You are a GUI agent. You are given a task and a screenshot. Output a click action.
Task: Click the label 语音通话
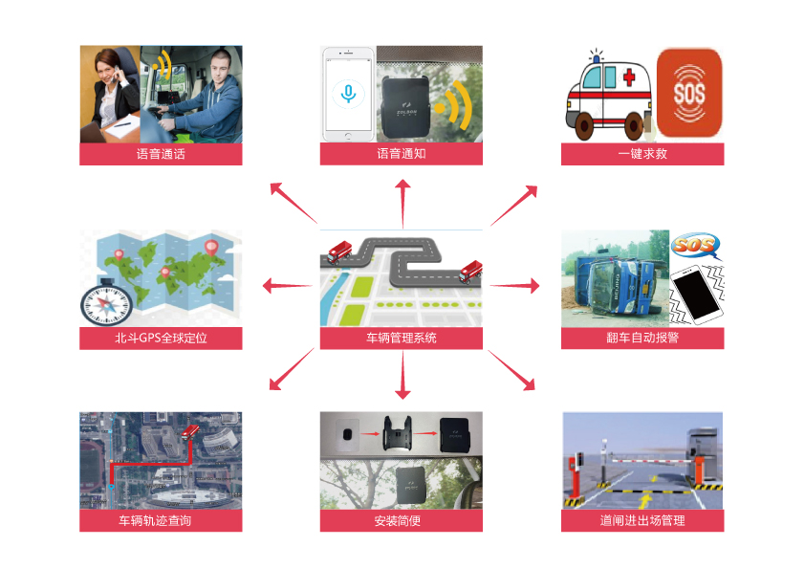[x=161, y=154]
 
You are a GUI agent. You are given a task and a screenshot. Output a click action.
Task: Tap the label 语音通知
[x=402, y=154]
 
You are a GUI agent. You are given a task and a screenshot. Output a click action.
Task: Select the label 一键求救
[x=642, y=154]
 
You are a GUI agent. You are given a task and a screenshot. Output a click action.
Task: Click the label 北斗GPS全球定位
[x=161, y=338]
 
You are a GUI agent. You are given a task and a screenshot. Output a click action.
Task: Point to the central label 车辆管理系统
[x=402, y=338]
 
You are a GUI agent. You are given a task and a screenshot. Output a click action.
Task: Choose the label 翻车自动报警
[x=642, y=338]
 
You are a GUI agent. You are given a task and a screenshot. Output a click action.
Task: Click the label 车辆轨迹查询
[x=161, y=521]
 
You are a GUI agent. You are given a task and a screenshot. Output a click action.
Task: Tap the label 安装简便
[x=402, y=521]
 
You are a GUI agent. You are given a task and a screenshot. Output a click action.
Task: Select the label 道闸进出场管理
[x=642, y=521]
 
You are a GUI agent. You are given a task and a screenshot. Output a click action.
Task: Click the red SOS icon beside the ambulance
[x=688, y=93]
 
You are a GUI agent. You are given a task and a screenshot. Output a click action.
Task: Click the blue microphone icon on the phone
[x=348, y=93]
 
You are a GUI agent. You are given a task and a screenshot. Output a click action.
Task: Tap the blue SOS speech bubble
[x=695, y=246]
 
